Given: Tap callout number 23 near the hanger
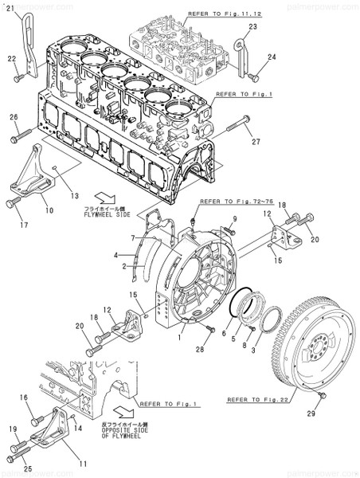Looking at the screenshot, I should click(x=253, y=27).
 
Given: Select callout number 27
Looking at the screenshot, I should click(x=257, y=143).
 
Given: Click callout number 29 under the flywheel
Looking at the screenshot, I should click(x=311, y=413).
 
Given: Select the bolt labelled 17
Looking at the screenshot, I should click(x=13, y=203).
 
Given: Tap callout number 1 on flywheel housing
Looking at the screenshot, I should click(x=182, y=338).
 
